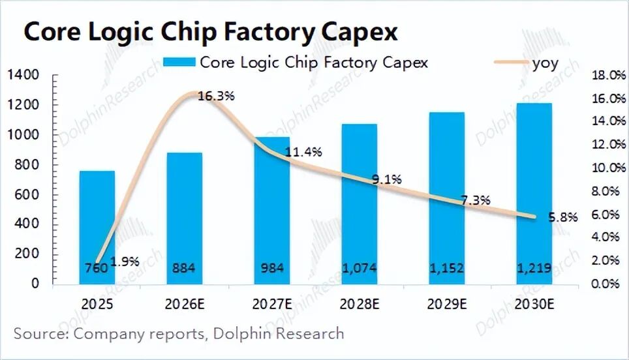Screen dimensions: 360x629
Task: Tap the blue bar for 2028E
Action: click(360, 202)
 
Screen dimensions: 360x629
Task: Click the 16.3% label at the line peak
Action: click(215, 97)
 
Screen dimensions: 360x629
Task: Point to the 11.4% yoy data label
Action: click(303, 152)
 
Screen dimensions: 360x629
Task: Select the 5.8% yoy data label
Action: click(562, 218)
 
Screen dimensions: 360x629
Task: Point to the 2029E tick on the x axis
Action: click(447, 304)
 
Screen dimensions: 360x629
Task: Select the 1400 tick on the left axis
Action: click(24, 76)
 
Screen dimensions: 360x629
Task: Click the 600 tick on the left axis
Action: click(27, 195)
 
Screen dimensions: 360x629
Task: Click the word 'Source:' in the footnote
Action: click(41, 334)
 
